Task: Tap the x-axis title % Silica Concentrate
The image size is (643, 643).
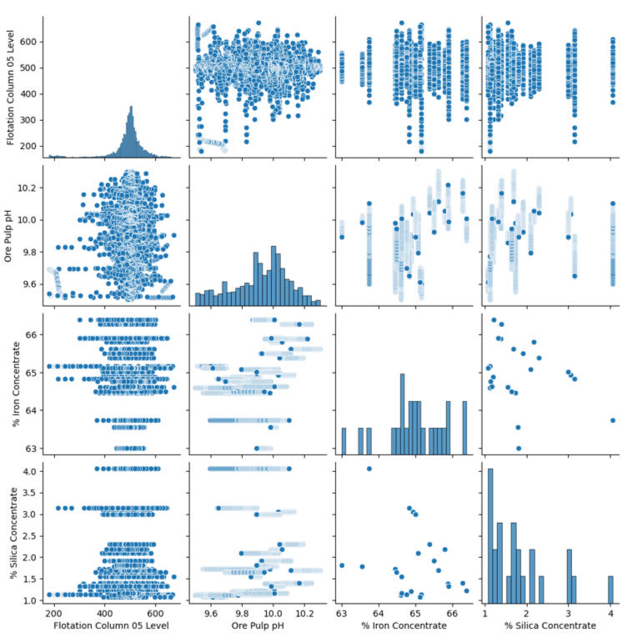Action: click(x=547, y=625)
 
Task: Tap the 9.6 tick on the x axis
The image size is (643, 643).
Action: click(x=211, y=610)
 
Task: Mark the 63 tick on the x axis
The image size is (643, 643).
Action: click(x=342, y=610)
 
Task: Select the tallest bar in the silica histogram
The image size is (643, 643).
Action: click(x=490, y=534)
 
